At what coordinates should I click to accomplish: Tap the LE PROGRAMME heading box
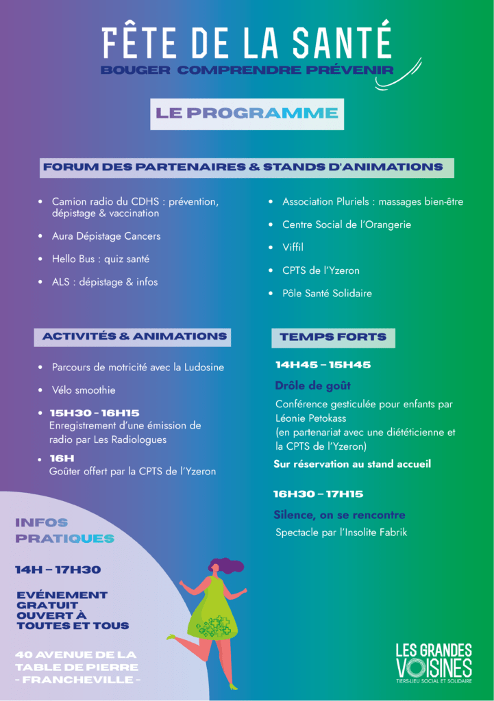(247, 114)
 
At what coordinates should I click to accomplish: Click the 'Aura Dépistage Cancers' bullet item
(106, 236)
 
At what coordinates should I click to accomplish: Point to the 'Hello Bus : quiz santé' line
(101, 259)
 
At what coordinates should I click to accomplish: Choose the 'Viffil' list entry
(293, 247)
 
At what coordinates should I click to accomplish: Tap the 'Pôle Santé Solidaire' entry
(327, 293)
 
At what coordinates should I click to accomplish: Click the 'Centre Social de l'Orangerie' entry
(347, 225)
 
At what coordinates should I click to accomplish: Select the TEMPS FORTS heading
(333, 337)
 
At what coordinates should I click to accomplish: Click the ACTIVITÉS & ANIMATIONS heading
(134, 336)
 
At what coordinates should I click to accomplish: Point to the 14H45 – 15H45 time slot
(323, 365)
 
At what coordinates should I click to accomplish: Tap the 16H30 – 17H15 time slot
(318, 494)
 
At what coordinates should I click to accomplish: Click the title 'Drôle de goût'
(312, 385)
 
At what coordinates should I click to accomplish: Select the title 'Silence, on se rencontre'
(339, 515)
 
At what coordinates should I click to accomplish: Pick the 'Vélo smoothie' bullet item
(84, 390)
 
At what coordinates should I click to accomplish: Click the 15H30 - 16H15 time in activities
(94, 413)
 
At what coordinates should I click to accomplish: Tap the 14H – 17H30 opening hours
(58, 570)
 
